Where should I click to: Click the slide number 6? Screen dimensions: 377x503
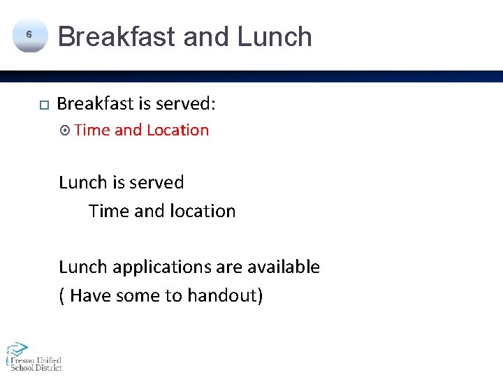[x=29, y=34]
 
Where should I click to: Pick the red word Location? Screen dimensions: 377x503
[x=177, y=130]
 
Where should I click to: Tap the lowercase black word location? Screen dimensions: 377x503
[x=201, y=211]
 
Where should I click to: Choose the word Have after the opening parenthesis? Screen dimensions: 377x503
[x=90, y=295]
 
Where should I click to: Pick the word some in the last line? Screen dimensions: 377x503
[x=138, y=295]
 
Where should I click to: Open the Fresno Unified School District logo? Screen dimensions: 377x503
[x=33, y=356]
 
